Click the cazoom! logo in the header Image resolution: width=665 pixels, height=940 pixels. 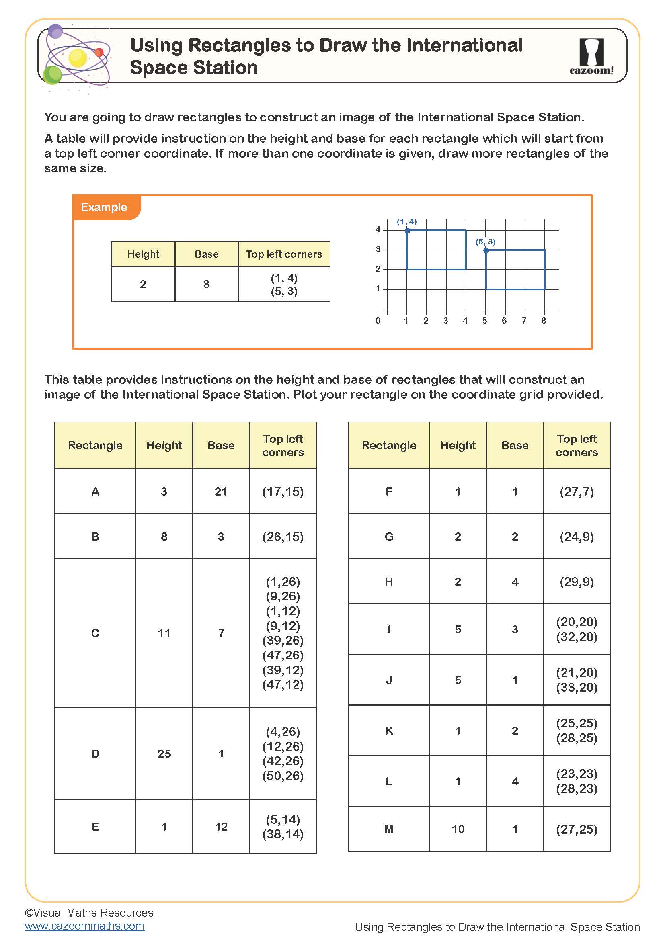pyautogui.click(x=591, y=57)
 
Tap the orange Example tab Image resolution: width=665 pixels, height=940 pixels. pyautogui.click(x=105, y=207)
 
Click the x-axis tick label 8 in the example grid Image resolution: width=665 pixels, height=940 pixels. pyautogui.click(x=544, y=321)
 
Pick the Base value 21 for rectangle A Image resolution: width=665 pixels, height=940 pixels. pyautogui.click(x=221, y=491)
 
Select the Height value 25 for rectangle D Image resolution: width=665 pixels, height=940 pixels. pyautogui.click(x=164, y=753)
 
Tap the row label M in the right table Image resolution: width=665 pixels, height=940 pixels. pyautogui.click(x=389, y=829)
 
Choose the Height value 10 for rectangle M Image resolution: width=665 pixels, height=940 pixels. pyautogui.click(x=458, y=829)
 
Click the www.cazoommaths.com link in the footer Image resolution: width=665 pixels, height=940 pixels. pyautogui.click(x=84, y=926)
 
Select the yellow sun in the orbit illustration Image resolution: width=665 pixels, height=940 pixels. pyautogui.click(x=77, y=58)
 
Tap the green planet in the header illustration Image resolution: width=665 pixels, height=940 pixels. pyautogui.click(x=52, y=75)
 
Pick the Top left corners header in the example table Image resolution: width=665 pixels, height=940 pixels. pyautogui.click(x=284, y=254)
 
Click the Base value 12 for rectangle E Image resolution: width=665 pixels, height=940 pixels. pyautogui.click(x=221, y=827)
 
